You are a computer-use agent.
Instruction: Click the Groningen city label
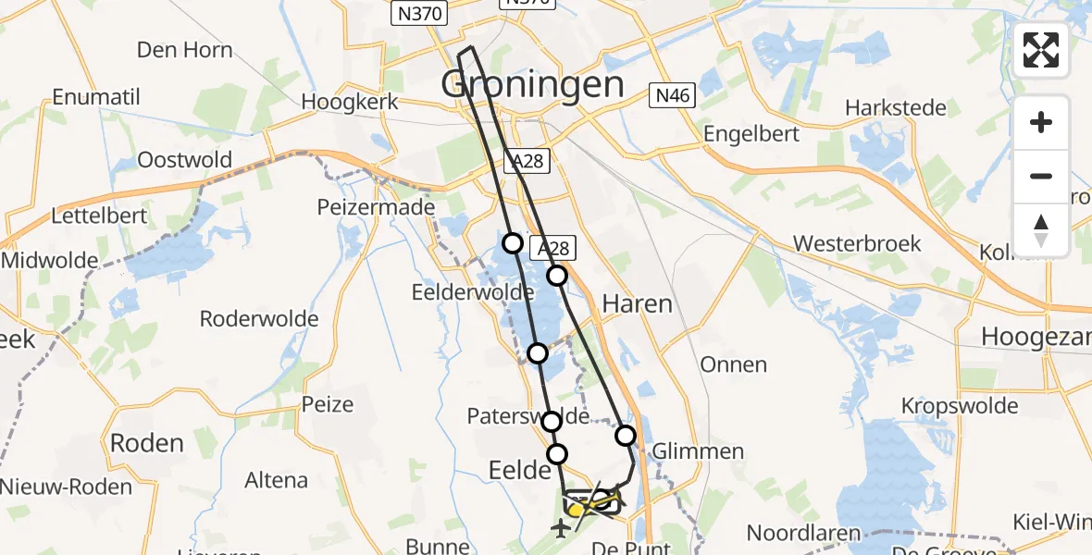pyautogui.click(x=532, y=84)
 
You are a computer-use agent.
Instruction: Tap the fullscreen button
pyautogui.click(x=1041, y=50)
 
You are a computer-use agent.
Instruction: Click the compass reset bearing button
pyautogui.click(x=1041, y=230)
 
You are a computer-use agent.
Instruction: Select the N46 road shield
pyautogui.click(x=671, y=94)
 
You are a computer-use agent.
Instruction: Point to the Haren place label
pyautogui.click(x=637, y=303)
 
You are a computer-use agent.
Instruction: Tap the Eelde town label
pyautogui.click(x=519, y=471)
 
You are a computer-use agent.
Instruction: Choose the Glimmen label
pyautogui.click(x=698, y=451)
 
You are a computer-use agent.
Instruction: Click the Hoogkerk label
pyautogui.click(x=350, y=102)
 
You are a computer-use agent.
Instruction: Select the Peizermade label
pyautogui.click(x=376, y=207)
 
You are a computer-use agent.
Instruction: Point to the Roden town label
pyautogui.click(x=146, y=443)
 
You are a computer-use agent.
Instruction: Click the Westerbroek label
pyautogui.click(x=857, y=243)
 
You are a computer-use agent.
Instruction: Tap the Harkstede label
pyautogui.click(x=895, y=108)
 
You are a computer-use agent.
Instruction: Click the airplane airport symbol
pyautogui.click(x=560, y=529)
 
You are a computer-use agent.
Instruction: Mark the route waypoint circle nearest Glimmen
pyautogui.click(x=626, y=436)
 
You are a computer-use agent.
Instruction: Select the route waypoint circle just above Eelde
pyautogui.click(x=557, y=453)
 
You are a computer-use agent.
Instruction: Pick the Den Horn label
pyautogui.click(x=185, y=49)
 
